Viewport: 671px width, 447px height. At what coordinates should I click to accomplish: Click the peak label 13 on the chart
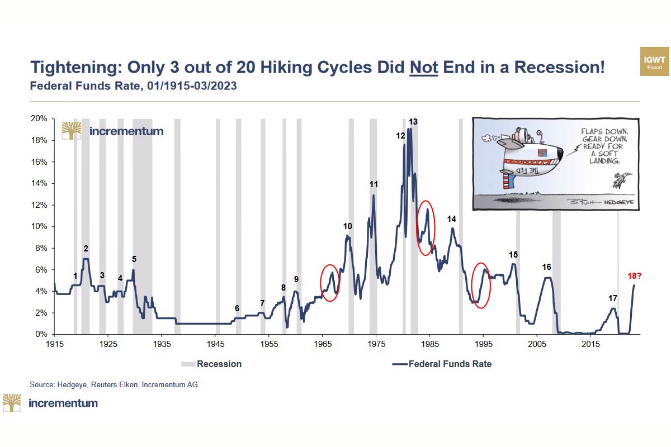click(413, 121)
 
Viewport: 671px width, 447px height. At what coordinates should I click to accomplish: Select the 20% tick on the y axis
click(41, 119)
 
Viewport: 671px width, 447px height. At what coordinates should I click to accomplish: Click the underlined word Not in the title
click(424, 67)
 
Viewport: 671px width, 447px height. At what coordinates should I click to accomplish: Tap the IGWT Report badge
click(654, 61)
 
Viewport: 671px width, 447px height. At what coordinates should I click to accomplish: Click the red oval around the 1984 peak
click(426, 228)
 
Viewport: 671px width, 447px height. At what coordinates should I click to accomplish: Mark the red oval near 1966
click(330, 283)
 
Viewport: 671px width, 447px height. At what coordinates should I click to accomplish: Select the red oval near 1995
click(481, 283)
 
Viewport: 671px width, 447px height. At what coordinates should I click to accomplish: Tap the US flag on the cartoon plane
click(541, 152)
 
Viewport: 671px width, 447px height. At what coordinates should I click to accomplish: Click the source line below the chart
click(114, 384)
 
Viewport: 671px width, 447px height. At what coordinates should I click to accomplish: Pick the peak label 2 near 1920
click(86, 249)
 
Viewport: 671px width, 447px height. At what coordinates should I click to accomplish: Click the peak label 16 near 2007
click(547, 267)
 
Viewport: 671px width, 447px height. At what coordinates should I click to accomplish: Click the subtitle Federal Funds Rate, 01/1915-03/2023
click(133, 86)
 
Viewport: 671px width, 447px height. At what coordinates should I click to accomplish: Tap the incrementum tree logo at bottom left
click(12, 402)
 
